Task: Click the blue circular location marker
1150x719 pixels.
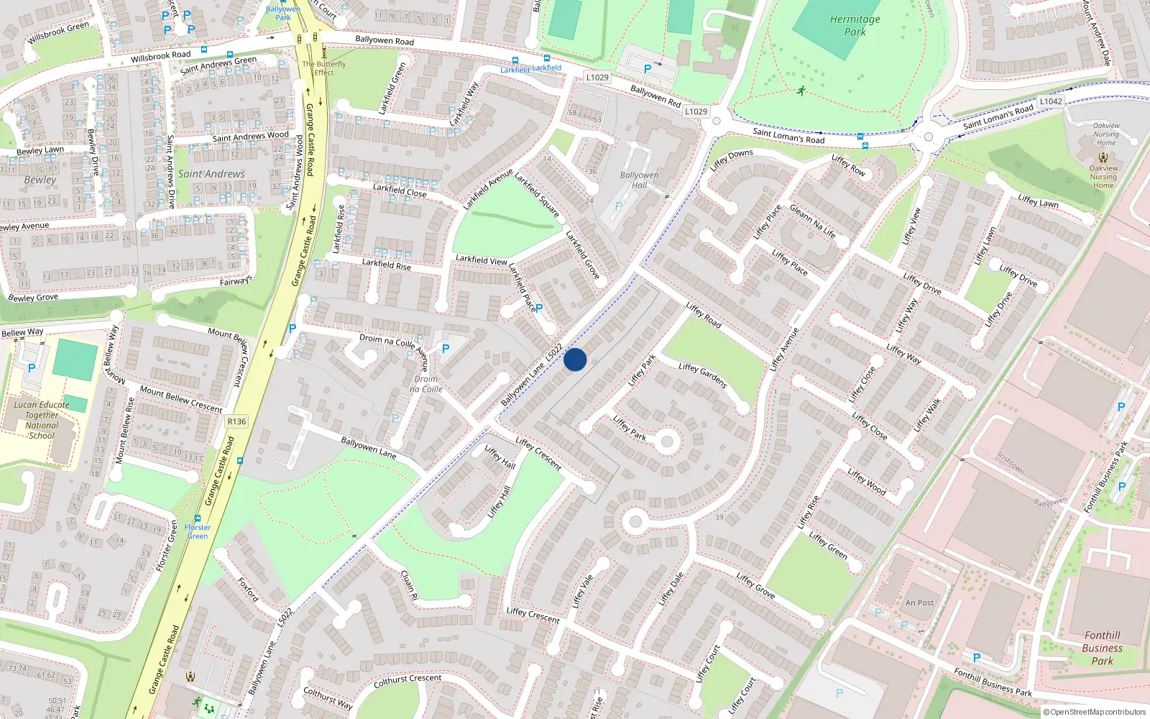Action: (575, 359)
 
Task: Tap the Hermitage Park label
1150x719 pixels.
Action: (855, 26)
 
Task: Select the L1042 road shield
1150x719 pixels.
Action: (1051, 101)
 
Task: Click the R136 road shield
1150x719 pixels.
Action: (236, 421)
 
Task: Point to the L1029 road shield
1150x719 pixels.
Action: (597, 78)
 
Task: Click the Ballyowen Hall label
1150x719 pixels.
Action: (639, 180)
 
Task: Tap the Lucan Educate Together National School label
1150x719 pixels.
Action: (42, 420)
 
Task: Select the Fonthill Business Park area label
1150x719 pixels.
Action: (1102, 648)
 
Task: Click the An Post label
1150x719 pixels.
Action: (919, 603)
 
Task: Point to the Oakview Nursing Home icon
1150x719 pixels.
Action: (1103, 157)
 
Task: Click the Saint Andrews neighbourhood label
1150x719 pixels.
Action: (211, 174)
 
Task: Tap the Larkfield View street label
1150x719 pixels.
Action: (481, 260)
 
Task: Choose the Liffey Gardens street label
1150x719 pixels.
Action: (703, 375)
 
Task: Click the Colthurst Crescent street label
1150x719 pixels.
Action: (408, 680)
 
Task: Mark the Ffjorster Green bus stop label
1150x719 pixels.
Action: (197, 531)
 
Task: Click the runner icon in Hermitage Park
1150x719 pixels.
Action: (801, 91)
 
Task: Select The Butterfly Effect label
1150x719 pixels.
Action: (324, 68)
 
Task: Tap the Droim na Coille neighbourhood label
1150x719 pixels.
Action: (426, 384)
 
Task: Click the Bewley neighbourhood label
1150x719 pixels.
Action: (40, 180)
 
